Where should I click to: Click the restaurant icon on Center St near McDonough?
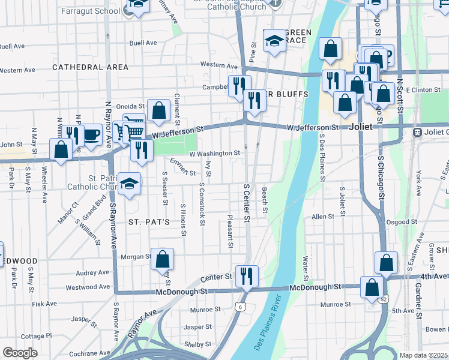[x=247, y=276]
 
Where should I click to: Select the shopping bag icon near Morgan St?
[x=162, y=259]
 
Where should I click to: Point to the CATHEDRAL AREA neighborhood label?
[x=91, y=67]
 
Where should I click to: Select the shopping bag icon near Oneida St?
[x=158, y=110]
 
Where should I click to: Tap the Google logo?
[x=20, y=353]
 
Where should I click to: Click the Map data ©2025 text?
[x=424, y=355]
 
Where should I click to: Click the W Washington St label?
[x=215, y=154]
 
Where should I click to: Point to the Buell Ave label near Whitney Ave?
[x=143, y=43]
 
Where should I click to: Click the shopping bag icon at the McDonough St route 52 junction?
[x=372, y=287]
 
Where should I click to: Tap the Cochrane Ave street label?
[x=92, y=355]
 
